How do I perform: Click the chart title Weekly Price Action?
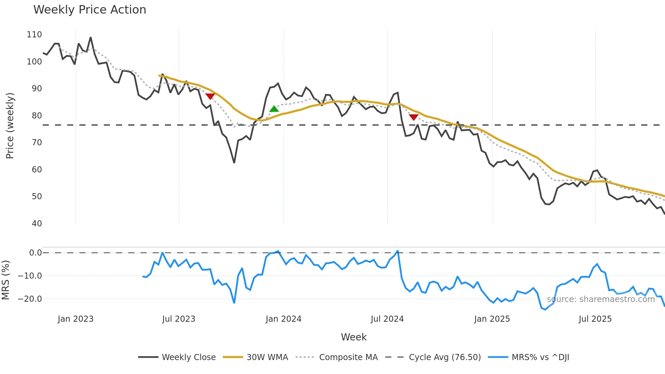[x=90, y=10]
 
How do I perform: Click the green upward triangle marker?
[x=274, y=109]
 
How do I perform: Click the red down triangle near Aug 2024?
[x=414, y=117]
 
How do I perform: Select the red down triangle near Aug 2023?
[x=210, y=96]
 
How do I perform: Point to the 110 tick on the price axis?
[x=34, y=35]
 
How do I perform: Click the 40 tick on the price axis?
[x=37, y=224]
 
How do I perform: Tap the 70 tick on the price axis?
[x=37, y=143]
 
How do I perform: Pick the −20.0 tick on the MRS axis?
[x=30, y=299]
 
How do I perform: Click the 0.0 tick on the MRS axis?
[x=35, y=253]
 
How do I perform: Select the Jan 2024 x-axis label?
[x=283, y=319]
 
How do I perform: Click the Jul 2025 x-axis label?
[x=595, y=319]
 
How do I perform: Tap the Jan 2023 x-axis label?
[x=75, y=319]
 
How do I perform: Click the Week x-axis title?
[x=354, y=337]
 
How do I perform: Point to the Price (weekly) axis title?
[x=10, y=126]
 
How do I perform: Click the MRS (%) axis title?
[x=5, y=280]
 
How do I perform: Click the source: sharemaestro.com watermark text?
[x=601, y=299]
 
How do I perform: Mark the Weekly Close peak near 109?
[x=91, y=37]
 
